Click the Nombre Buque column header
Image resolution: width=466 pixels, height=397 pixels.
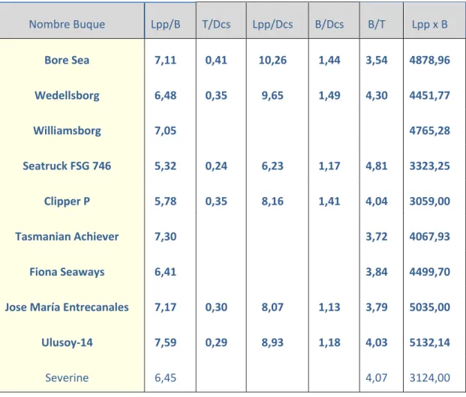pyautogui.click(x=67, y=24)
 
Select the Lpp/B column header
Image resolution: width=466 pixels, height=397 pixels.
pyautogui.click(x=166, y=25)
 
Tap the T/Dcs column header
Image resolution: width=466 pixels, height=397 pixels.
pyautogui.click(x=216, y=24)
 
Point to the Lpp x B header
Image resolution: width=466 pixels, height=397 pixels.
pyautogui.click(x=429, y=25)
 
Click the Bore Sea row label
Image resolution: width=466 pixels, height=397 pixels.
pyautogui.click(x=67, y=60)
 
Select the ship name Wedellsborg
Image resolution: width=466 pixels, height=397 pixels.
pyautogui.click(x=67, y=96)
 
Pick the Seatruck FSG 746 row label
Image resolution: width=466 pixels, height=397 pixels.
pyautogui.click(x=67, y=166)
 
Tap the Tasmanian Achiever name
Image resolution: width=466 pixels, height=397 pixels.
pyautogui.click(x=67, y=237)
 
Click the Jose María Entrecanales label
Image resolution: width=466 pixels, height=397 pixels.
pyautogui.click(x=67, y=307)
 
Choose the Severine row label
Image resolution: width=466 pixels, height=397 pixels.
pyautogui.click(x=67, y=378)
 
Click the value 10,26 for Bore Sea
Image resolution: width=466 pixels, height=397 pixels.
pyautogui.click(x=272, y=60)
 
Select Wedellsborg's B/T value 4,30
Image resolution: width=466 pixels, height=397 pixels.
pyautogui.click(x=377, y=96)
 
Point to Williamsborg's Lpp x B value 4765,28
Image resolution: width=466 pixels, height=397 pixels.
pyautogui.click(x=429, y=131)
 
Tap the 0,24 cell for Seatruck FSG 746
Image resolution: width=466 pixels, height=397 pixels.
pyautogui.click(x=216, y=166)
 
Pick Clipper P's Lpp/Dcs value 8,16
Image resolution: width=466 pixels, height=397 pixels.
pyautogui.click(x=272, y=201)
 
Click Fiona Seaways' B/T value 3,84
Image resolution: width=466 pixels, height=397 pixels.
pyautogui.click(x=377, y=272)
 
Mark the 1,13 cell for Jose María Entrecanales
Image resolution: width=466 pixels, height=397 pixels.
pyautogui.click(x=329, y=307)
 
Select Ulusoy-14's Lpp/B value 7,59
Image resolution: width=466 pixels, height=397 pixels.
pyautogui.click(x=166, y=342)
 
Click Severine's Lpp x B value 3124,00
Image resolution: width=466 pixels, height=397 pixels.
pyautogui.click(x=429, y=378)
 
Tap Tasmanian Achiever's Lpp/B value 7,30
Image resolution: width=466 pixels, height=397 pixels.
pyautogui.click(x=166, y=237)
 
